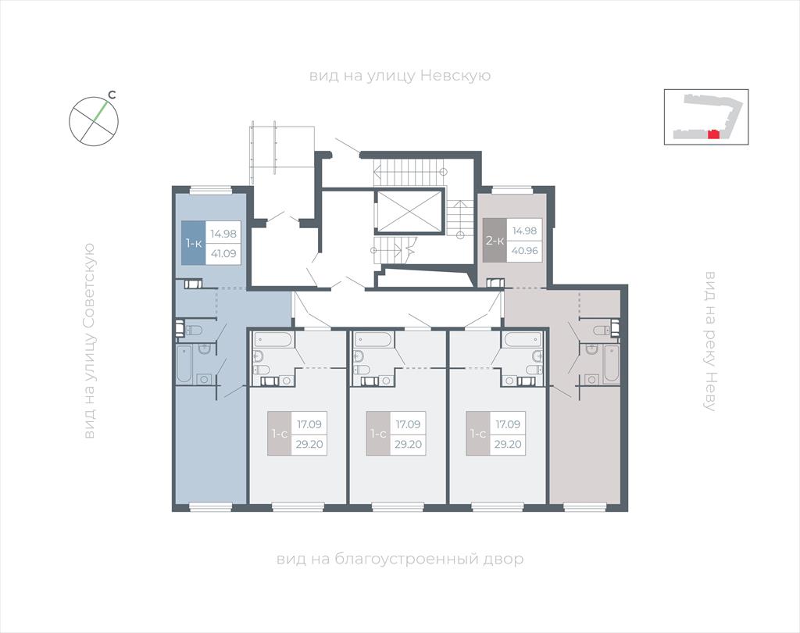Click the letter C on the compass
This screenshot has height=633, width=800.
tap(112, 95)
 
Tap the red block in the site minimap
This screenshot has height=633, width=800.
tap(714, 134)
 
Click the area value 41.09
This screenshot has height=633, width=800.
tap(223, 252)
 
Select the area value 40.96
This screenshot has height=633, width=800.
tap(524, 251)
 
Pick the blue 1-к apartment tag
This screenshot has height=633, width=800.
tap(194, 242)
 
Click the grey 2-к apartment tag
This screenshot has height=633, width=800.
tap(495, 241)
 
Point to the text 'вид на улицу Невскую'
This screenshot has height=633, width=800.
tap(400, 76)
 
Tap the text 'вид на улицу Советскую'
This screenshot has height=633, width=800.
tap(89, 341)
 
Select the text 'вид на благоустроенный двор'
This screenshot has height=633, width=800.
tap(400, 559)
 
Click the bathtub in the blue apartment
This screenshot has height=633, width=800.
tap(184, 364)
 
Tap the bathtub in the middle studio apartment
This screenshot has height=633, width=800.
tap(373, 339)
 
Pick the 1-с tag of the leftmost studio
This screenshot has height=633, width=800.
tap(280, 434)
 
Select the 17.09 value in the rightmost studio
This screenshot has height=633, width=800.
tap(508, 424)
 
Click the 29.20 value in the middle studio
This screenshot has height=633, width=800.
tap(408, 444)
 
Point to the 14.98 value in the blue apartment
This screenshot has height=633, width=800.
tap(223, 234)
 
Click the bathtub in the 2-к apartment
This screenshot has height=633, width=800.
tap(611, 364)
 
